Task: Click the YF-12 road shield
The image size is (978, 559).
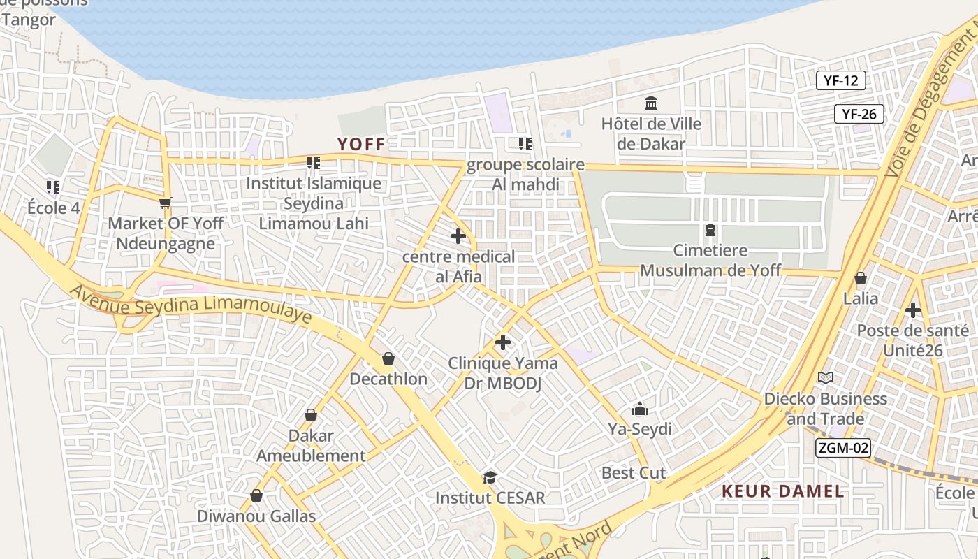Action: click(x=840, y=80)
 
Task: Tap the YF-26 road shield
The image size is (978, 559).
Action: click(x=859, y=114)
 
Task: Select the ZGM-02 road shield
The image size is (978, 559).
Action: click(x=842, y=447)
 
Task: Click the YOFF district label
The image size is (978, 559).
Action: click(x=361, y=145)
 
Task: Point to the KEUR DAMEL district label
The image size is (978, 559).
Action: click(x=782, y=491)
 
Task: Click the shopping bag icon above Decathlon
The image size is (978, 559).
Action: click(x=388, y=358)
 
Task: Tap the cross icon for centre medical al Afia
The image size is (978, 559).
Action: click(x=458, y=236)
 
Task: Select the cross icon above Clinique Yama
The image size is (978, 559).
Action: click(x=502, y=342)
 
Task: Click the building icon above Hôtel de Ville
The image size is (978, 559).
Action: click(x=651, y=103)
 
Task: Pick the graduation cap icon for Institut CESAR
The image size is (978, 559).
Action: click(x=490, y=478)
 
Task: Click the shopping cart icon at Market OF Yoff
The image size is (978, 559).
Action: click(x=165, y=203)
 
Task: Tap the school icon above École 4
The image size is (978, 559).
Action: click(x=53, y=187)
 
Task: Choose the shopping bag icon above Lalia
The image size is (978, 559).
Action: click(x=861, y=278)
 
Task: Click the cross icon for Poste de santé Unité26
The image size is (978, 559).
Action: click(x=912, y=310)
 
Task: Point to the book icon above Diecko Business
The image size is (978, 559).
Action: click(x=826, y=378)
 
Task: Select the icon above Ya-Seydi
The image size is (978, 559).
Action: click(x=639, y=409)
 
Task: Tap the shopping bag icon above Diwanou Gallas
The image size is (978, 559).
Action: click(x=256, y=495)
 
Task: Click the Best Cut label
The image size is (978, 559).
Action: click(x=634, y=473)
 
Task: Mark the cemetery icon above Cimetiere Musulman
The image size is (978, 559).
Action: click(x=710, y=229)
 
